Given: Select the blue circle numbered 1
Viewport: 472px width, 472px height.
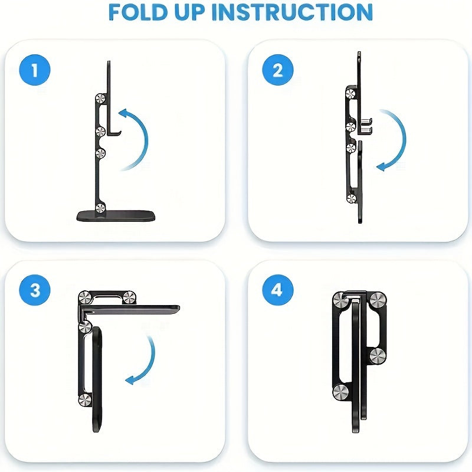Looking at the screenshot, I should (35, 71).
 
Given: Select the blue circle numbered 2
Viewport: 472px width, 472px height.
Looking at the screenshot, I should (278, 71).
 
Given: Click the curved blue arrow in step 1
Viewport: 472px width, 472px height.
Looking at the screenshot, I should (137, 139).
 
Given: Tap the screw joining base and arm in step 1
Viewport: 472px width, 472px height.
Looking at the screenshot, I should (101, 207).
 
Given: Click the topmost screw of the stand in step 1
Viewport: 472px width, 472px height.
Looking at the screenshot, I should (101, 99).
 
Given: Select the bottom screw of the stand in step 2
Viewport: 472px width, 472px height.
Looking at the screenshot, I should (352, 199).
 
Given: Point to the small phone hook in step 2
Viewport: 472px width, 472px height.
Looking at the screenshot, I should (368, 124).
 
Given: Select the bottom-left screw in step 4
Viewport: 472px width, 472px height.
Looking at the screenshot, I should (340, 392).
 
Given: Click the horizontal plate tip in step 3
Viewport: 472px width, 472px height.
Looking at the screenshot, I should (175, 307).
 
